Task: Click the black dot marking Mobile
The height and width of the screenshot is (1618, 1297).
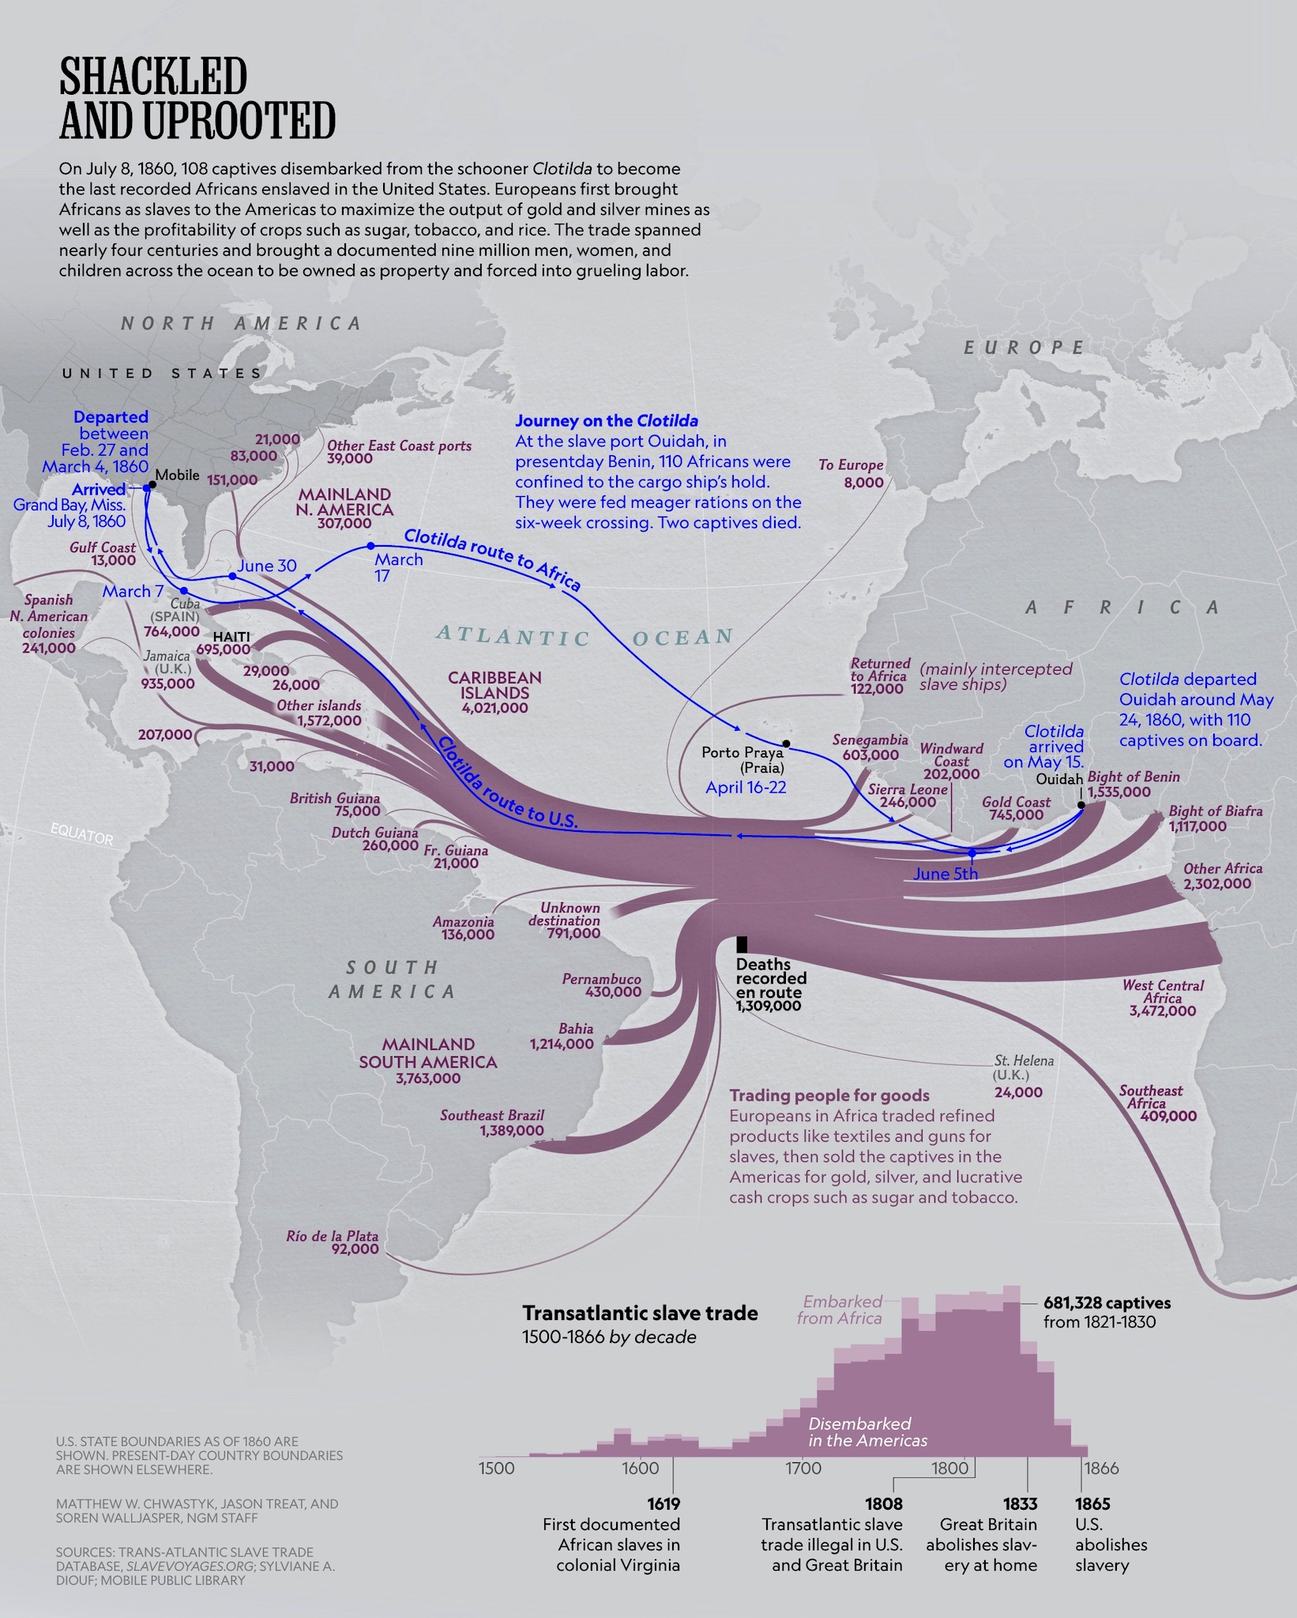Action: [x=152, y=484]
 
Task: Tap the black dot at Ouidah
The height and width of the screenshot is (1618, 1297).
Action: [x=1081, y=805]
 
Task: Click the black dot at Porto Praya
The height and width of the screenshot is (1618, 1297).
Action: [x=786, y=743]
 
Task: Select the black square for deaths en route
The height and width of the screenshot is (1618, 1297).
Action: [x=742, y=944]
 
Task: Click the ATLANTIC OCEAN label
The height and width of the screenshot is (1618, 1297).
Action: [x=585, y=636]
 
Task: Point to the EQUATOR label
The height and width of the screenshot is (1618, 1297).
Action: [x=81, y=833]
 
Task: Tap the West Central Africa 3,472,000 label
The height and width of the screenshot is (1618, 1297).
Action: [x=1163, y=998]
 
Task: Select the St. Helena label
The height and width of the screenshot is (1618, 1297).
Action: [x=1024, y=1061]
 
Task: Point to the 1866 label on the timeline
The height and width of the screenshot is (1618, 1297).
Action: [x=1101, y=1469]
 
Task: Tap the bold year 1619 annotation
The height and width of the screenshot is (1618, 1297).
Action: [x=664, y=1503]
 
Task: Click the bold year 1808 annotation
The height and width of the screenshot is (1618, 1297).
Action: [x=884, y=1503]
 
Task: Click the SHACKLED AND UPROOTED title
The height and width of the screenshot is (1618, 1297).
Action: [x=197, y=99]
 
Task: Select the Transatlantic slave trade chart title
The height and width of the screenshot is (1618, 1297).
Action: [x=640, y=1313]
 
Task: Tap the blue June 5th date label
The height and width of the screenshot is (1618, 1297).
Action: [x=945, y=873]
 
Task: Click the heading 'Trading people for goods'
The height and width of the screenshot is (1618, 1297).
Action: [x=829, y=1095]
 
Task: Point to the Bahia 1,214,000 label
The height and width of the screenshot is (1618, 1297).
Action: [x=562, y=1036]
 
